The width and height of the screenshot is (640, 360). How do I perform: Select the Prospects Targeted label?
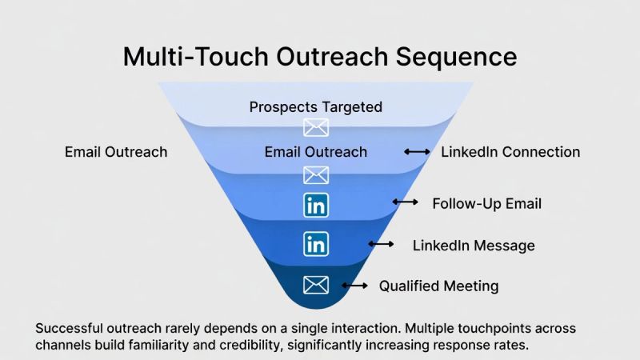pyautogui.click(x=316, y=106)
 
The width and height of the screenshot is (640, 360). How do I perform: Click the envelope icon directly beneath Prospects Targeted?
pyautogui.click(x=316, y=126)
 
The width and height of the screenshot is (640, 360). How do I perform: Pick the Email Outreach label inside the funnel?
pyautogui.click(x=316, y=152)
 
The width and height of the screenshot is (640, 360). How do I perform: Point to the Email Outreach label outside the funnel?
pyautogui.click(x=116, y=152)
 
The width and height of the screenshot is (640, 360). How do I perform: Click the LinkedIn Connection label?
pyautogui.click(x=510, y=152)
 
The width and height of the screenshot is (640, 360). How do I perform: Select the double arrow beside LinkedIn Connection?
pyautogui.click(x=417, y=152)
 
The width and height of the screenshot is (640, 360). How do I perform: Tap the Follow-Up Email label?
pyautogui.click(x=486, y=203)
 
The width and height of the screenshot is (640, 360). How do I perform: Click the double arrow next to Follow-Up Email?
pyautogui.click(x=406, y=203)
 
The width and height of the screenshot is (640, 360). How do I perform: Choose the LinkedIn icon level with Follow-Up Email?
pyautogui.click(x=317, y=204)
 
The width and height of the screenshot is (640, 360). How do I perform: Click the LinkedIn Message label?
pyautogui.click(x=474, y=245)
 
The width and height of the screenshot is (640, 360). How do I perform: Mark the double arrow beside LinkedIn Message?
pyautogui.click(x=381, y=244)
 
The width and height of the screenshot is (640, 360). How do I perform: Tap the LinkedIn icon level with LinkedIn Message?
pyautogui.click(x=317, y=243)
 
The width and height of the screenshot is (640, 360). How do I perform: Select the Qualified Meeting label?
pyautogui.click(x=438, y=286)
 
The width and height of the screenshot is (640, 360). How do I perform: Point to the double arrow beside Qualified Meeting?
pyautogui.click(x=354, y=286)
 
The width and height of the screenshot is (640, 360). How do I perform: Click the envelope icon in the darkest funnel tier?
pyautogui.click(x=317, y=284)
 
